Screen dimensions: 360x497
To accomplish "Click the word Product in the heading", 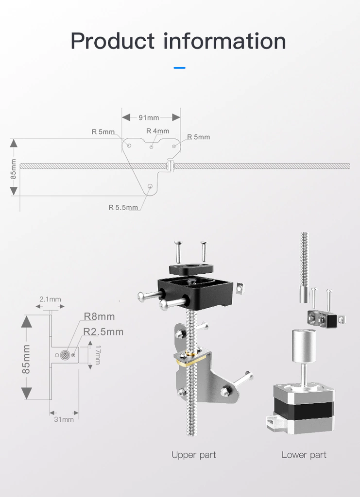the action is pos(112,41).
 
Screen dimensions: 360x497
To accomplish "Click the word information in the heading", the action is pos(224,41).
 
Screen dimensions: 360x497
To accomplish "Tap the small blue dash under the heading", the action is pos(180,68).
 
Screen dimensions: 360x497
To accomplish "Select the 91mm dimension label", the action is pos(149,117).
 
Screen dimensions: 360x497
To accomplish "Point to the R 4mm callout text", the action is pos(157,131).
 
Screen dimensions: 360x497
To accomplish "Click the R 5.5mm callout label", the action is pos(123,208).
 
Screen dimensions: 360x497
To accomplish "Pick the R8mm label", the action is pos(99,316).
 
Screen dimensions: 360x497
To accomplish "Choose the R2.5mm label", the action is pos(103,331).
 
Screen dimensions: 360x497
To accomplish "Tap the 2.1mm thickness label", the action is pos(50,299).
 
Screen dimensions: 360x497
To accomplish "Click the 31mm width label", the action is pos(64,419).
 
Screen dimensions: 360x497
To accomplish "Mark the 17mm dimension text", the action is pos(98,355).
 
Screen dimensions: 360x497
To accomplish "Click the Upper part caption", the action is pos(194,455).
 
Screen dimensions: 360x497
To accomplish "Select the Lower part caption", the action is pos(304,455).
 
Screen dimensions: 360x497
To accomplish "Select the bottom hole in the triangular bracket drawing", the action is pos(150,186).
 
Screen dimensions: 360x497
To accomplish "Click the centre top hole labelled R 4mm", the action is pos(152,147).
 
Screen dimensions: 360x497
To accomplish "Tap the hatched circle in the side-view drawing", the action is pos(65,355).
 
